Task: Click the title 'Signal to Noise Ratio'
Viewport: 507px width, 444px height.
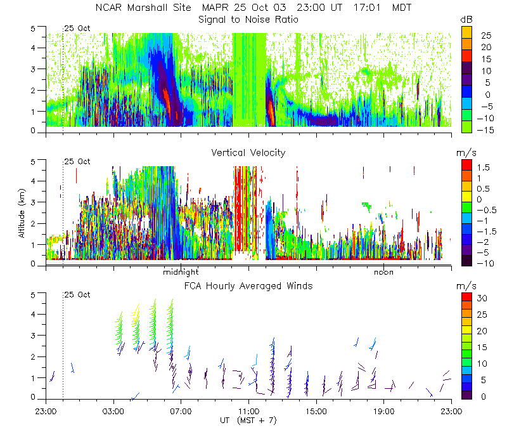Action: pos(248,20)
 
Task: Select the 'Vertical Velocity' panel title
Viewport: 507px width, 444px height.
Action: pos(248,152)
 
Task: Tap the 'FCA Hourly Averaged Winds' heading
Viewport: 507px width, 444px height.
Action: pos(248,285)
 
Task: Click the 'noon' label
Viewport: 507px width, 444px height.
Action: pos(383,272)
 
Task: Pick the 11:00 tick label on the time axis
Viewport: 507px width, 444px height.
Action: pos(248,410)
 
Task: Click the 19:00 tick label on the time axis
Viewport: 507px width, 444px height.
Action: pos(383,410)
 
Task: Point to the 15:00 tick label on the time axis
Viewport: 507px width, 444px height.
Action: pos(316,410)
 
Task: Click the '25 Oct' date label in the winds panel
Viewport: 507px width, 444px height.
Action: pos(77,295)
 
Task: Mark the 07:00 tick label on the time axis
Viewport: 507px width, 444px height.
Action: pos(181,410)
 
